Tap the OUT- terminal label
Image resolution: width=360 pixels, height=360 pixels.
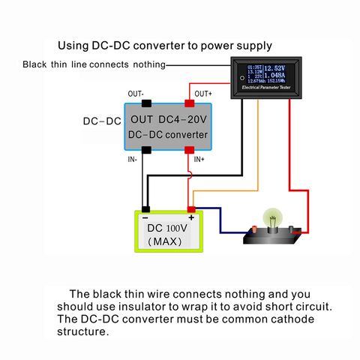pos(136,94)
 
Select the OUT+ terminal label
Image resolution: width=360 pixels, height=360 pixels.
pos(203,94)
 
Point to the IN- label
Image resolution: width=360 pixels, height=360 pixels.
pos(133,160)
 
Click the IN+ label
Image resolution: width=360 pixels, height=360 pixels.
pos(199,160)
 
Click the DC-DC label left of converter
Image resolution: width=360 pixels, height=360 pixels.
pos(100,121)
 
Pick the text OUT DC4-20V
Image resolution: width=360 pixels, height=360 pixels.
pos(168,119)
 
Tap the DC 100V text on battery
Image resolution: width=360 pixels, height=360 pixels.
pos(166,228)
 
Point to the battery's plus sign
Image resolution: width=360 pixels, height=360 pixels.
pos(191,217)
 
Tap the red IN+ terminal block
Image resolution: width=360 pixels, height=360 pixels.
pos(190,149)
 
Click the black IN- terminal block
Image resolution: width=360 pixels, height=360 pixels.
pos(147,149)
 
